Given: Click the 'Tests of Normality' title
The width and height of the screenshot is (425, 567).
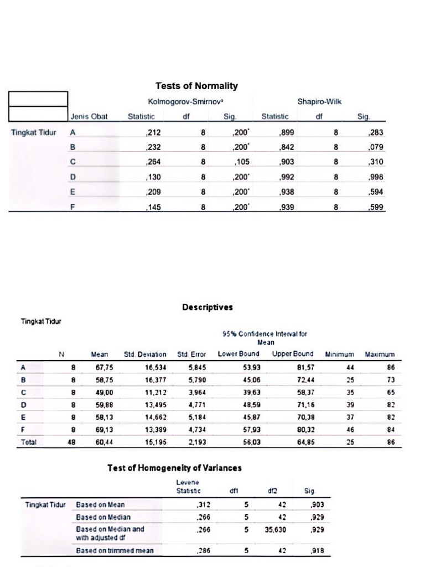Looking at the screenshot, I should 196,86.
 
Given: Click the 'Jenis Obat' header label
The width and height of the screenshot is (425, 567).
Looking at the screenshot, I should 89,117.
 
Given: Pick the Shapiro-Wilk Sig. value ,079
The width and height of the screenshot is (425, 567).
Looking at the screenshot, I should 375,148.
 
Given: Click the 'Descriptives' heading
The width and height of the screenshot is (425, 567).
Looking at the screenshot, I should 208,307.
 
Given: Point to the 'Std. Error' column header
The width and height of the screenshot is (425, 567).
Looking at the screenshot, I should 191,354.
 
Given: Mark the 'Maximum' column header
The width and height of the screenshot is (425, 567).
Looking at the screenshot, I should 380,354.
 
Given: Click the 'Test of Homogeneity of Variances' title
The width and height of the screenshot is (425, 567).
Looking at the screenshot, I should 174,468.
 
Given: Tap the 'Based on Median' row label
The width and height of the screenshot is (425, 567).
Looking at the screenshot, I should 103,517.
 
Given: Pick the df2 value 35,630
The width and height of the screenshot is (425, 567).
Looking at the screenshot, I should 276,529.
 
